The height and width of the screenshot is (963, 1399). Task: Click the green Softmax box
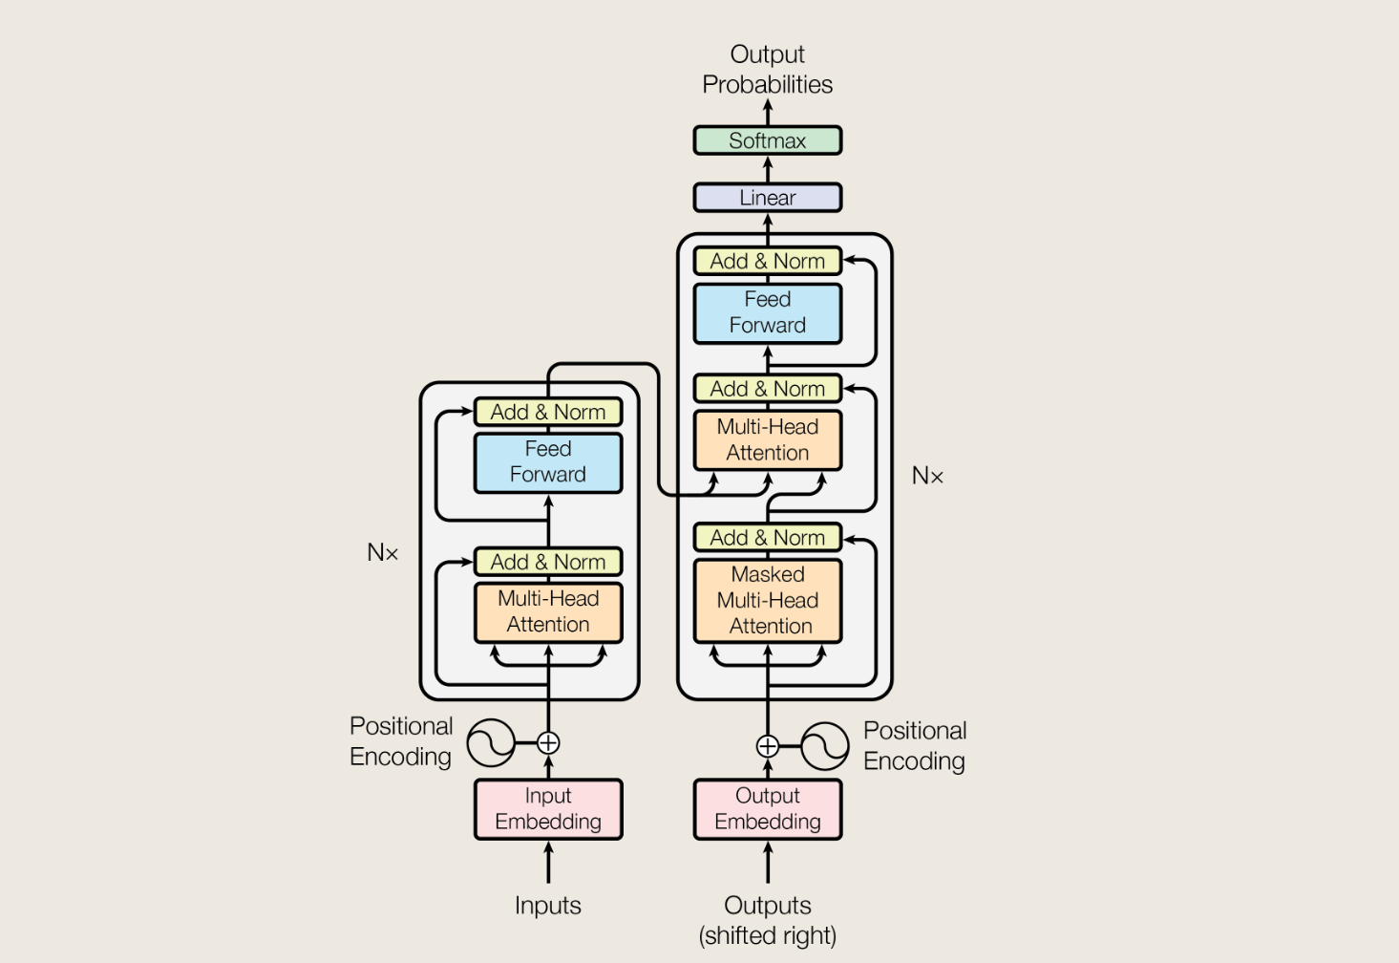(767, 140)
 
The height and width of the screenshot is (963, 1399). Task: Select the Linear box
(767, 198)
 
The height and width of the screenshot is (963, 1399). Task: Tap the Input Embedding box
(548, 809)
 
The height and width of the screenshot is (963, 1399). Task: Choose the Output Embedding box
(767, 809)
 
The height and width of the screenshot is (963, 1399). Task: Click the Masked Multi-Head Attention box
(767, 600)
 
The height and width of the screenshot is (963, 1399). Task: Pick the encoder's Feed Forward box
(548, 462)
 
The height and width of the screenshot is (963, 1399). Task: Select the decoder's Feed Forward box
(767, 312)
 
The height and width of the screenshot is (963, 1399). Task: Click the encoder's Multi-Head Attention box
(548, 611)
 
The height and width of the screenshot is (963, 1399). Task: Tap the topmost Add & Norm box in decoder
(767, 261)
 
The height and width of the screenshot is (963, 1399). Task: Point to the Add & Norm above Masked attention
(767, 538)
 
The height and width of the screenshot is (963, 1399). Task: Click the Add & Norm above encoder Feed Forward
(548, 412)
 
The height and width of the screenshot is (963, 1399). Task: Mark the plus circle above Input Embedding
(548, 742)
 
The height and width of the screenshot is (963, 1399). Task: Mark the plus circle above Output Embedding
(767, 746)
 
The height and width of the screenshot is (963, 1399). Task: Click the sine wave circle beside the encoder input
(491, 742)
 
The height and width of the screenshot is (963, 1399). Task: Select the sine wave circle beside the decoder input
(825, 746)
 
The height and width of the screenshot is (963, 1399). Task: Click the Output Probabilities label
(767, 69)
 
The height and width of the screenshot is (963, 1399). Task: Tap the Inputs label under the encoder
(548, 905)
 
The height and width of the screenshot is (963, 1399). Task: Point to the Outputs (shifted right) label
(767, 920)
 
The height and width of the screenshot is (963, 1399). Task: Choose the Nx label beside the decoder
(927, 476)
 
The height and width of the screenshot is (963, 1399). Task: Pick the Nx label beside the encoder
(382, 552)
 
